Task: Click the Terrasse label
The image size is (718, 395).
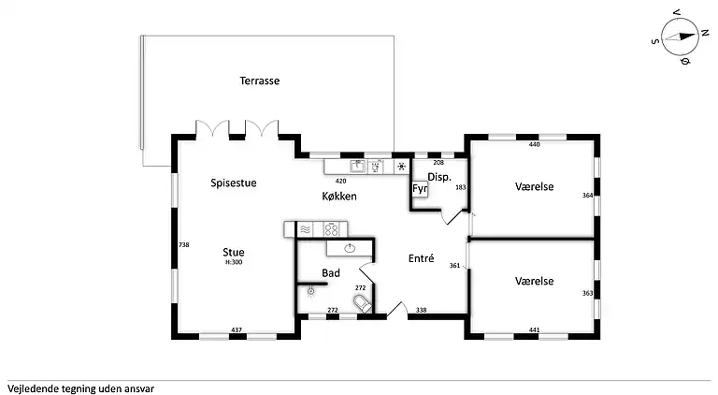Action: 260,80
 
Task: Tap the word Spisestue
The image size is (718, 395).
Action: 234,183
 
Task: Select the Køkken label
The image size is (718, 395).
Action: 339,197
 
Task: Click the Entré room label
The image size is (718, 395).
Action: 422,258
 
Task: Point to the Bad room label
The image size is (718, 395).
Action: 331,273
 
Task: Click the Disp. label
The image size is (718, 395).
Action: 439,177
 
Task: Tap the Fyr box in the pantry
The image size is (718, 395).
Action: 420,189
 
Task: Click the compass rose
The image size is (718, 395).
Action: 680,37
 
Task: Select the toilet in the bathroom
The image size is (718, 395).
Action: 363,303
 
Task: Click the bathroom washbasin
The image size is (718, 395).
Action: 350,249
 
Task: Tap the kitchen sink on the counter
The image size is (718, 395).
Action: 358,167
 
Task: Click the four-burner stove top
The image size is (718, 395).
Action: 331,229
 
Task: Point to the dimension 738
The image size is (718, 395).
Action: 183,244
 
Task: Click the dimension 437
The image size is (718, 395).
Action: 237,329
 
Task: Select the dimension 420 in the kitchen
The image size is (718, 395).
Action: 340,181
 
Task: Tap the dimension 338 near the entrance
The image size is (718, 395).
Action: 422,310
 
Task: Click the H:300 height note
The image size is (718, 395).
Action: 234,263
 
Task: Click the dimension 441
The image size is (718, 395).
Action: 535,329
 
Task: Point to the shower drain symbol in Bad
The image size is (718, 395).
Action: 311,291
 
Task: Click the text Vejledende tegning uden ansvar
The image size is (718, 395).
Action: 80,389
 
